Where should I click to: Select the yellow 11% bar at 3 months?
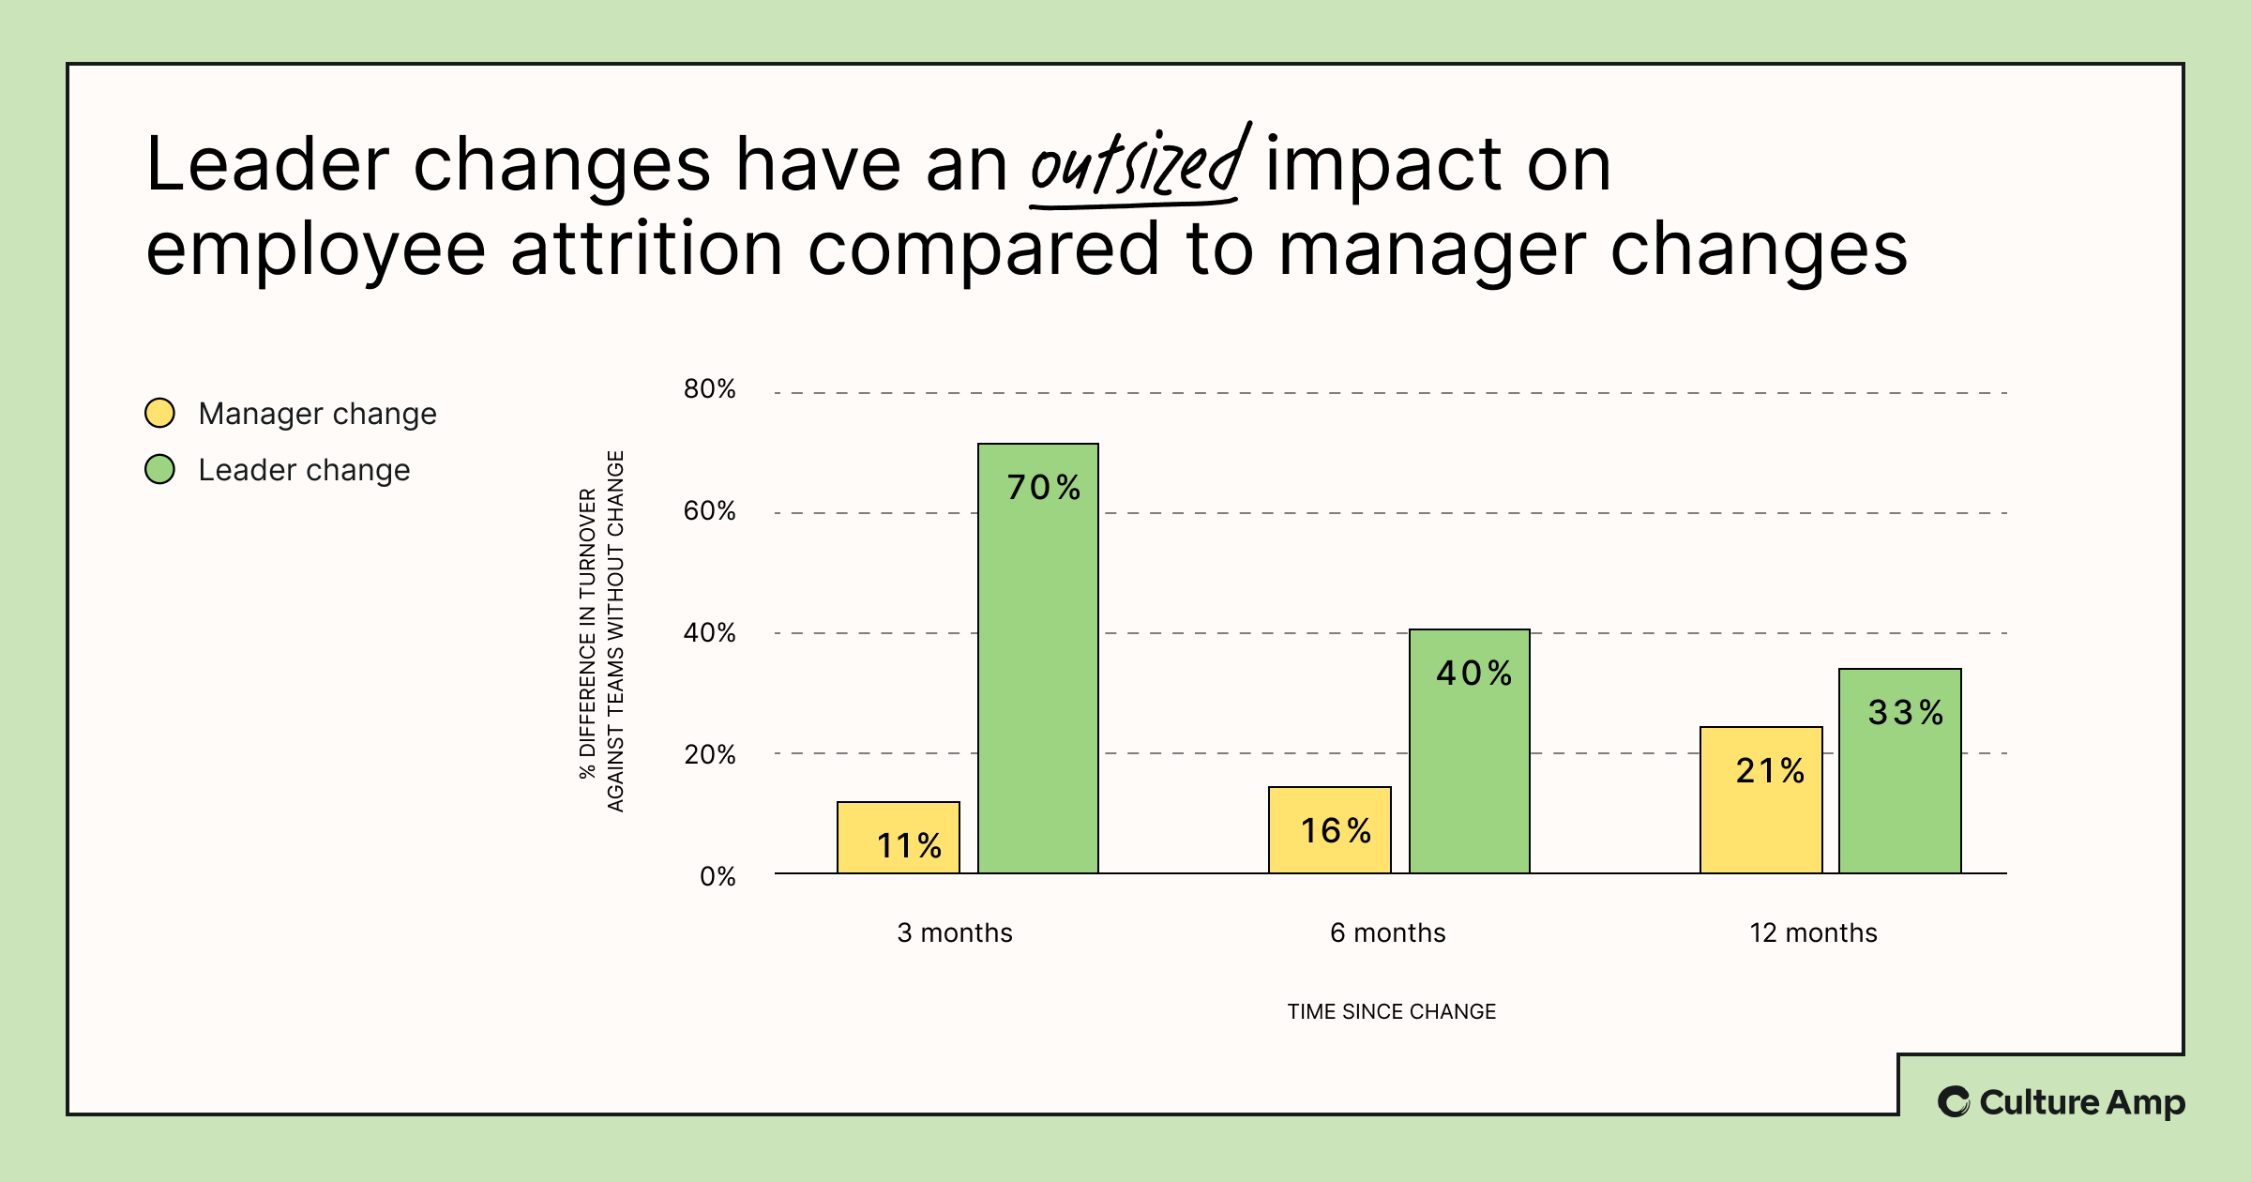click(898, 838)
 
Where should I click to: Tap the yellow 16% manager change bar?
click(1329, 830)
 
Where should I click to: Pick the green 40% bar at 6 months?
click(1470, 751)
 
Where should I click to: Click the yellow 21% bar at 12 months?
click(1760, 800)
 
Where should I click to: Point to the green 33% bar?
click(1899, 771)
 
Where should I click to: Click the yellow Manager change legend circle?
click(160, 413)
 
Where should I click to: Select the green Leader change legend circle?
click(160, 469)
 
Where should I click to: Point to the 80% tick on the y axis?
click(709, 389)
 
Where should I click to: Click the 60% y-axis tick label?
click(709, 511)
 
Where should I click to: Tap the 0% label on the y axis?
click(718, 877)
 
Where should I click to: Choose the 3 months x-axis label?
click(955, 932)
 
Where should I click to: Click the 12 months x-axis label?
click(1813, 932)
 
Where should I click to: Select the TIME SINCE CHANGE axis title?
click(1391, 1011)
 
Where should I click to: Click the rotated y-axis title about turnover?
click(601, 631)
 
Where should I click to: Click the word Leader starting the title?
click(267, 165)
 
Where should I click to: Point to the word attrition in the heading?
click(646, 250)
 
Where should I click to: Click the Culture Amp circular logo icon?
click(1954, 1101)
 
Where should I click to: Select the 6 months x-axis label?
click(1387, 932)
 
